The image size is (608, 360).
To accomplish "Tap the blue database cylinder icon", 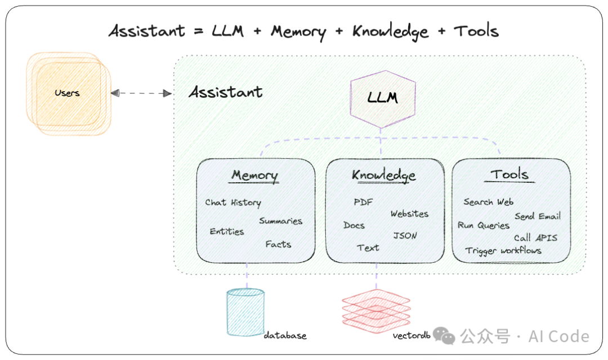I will pos(245,312).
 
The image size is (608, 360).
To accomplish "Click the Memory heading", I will pos(254,175).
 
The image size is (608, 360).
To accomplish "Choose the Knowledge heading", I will pos(384,175).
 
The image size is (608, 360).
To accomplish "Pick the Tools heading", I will pos(509,174).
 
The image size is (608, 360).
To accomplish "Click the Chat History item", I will pos(233,202).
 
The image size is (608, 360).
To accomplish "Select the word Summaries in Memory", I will pos(280,221).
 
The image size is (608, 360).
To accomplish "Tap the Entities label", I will pos(227,231).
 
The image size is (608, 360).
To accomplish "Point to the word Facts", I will pos(278,244).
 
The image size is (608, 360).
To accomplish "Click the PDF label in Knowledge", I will pos(363,202).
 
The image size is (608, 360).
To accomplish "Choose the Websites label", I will pos(409,214).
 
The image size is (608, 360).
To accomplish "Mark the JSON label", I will pos(405,236).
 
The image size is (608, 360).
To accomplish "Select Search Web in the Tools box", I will pos(488,202).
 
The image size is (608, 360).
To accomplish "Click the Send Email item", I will pos(537,217).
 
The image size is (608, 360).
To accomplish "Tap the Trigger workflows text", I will pos(503,250).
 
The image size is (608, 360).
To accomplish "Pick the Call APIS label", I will pos(535,237).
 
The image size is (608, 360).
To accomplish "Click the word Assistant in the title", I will pos(147,31).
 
